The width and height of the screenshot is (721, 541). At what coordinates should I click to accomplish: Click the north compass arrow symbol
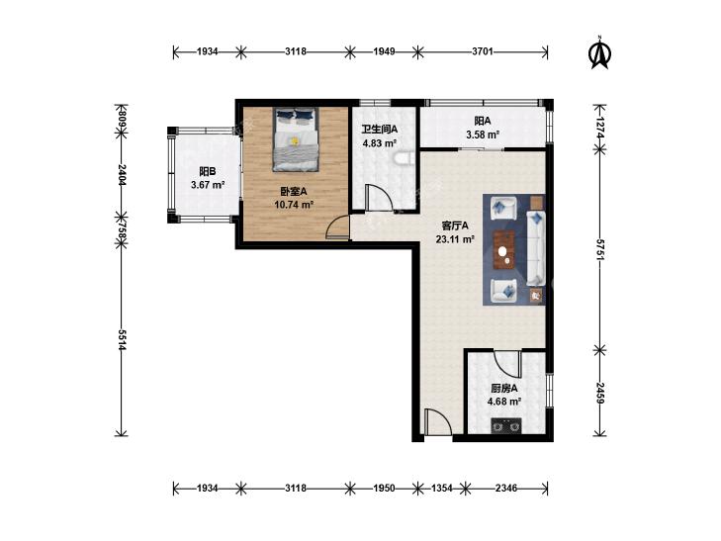tap(599, 52)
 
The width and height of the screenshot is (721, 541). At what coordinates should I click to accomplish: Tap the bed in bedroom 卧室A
tap(296, 139)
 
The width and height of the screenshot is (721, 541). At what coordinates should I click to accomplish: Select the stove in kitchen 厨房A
tap(506, 425)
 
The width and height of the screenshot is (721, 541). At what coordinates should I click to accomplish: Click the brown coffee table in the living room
tap(504, 249)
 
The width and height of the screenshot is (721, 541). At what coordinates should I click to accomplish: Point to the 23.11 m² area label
tap(455, 239)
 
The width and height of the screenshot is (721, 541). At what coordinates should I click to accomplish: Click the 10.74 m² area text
tap(294, 205)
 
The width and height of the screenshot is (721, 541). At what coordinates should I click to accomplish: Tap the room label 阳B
tap(208, 171)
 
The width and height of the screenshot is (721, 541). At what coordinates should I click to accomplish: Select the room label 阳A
tap(483, 121)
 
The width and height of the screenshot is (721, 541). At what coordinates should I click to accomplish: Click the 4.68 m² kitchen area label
tap(504, 402)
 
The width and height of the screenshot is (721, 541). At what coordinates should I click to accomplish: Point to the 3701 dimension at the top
tap(483, 51)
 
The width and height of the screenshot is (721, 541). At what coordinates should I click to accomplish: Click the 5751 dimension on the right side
tap(599, 249)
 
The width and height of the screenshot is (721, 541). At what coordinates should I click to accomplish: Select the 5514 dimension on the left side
tap(122, 339)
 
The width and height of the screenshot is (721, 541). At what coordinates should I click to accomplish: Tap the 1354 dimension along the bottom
tap(441, 489)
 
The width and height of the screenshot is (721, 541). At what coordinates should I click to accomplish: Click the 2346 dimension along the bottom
tap(506, 489)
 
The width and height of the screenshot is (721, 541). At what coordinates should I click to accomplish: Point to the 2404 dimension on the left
tap(122, 175)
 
